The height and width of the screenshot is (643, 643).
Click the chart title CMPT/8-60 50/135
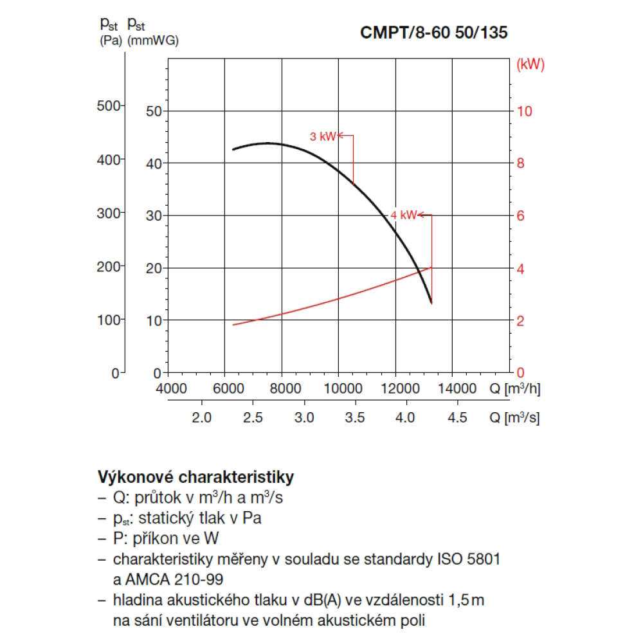(433, 33)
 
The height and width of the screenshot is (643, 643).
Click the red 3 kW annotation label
(322, 136)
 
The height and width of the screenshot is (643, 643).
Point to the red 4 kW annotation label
(403, 215)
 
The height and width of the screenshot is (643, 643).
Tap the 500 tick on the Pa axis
(109, 105)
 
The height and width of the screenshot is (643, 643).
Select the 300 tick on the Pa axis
(109, 213)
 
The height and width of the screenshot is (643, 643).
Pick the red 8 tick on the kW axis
(525, 163)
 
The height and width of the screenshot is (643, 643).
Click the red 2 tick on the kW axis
(525, 320)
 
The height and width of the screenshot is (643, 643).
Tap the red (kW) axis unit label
(530, 64)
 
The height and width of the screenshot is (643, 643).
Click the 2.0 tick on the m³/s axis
(202, 418)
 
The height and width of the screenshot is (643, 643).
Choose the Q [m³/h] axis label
(514, 388)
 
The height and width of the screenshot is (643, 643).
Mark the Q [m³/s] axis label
(514, 418)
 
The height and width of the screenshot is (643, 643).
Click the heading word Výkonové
(135, 477)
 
